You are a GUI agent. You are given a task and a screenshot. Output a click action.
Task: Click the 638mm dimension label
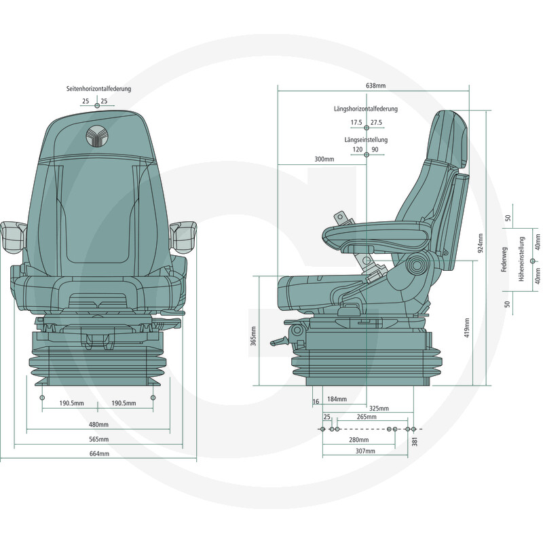(376, 86)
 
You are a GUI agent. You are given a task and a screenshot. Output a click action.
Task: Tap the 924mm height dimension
(481, 243)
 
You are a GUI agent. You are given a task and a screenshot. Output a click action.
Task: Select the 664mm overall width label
(99, 453)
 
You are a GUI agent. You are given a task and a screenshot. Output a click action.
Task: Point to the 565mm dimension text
(99, 439)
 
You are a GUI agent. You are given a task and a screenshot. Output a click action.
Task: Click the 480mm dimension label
(98, 425)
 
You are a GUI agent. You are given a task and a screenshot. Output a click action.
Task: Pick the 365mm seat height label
(253, 336)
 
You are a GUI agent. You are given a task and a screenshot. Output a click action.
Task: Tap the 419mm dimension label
(467, 328)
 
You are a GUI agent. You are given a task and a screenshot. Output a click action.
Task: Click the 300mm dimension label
(324, 160)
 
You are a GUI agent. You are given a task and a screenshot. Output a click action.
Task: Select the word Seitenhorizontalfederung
(98, 89)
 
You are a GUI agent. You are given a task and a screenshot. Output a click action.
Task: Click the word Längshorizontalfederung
(366, 109)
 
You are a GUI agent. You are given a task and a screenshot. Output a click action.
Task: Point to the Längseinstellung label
(366, 140)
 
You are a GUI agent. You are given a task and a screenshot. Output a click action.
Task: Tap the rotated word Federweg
(504, 259)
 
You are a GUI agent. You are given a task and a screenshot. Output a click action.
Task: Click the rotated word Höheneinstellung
(522, 259)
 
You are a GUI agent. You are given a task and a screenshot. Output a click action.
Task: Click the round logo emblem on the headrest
(97, 136)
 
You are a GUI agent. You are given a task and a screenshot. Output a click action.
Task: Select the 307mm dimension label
(365, 451)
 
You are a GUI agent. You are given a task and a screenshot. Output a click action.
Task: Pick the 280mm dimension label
(359, 440)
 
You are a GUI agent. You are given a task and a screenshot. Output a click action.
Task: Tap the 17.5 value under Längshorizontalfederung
(356, 123)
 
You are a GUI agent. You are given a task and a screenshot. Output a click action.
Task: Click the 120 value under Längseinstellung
(358, 149)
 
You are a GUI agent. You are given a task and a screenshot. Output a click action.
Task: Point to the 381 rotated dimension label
(415, 441)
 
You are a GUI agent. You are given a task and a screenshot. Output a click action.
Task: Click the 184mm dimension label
(337, 399)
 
